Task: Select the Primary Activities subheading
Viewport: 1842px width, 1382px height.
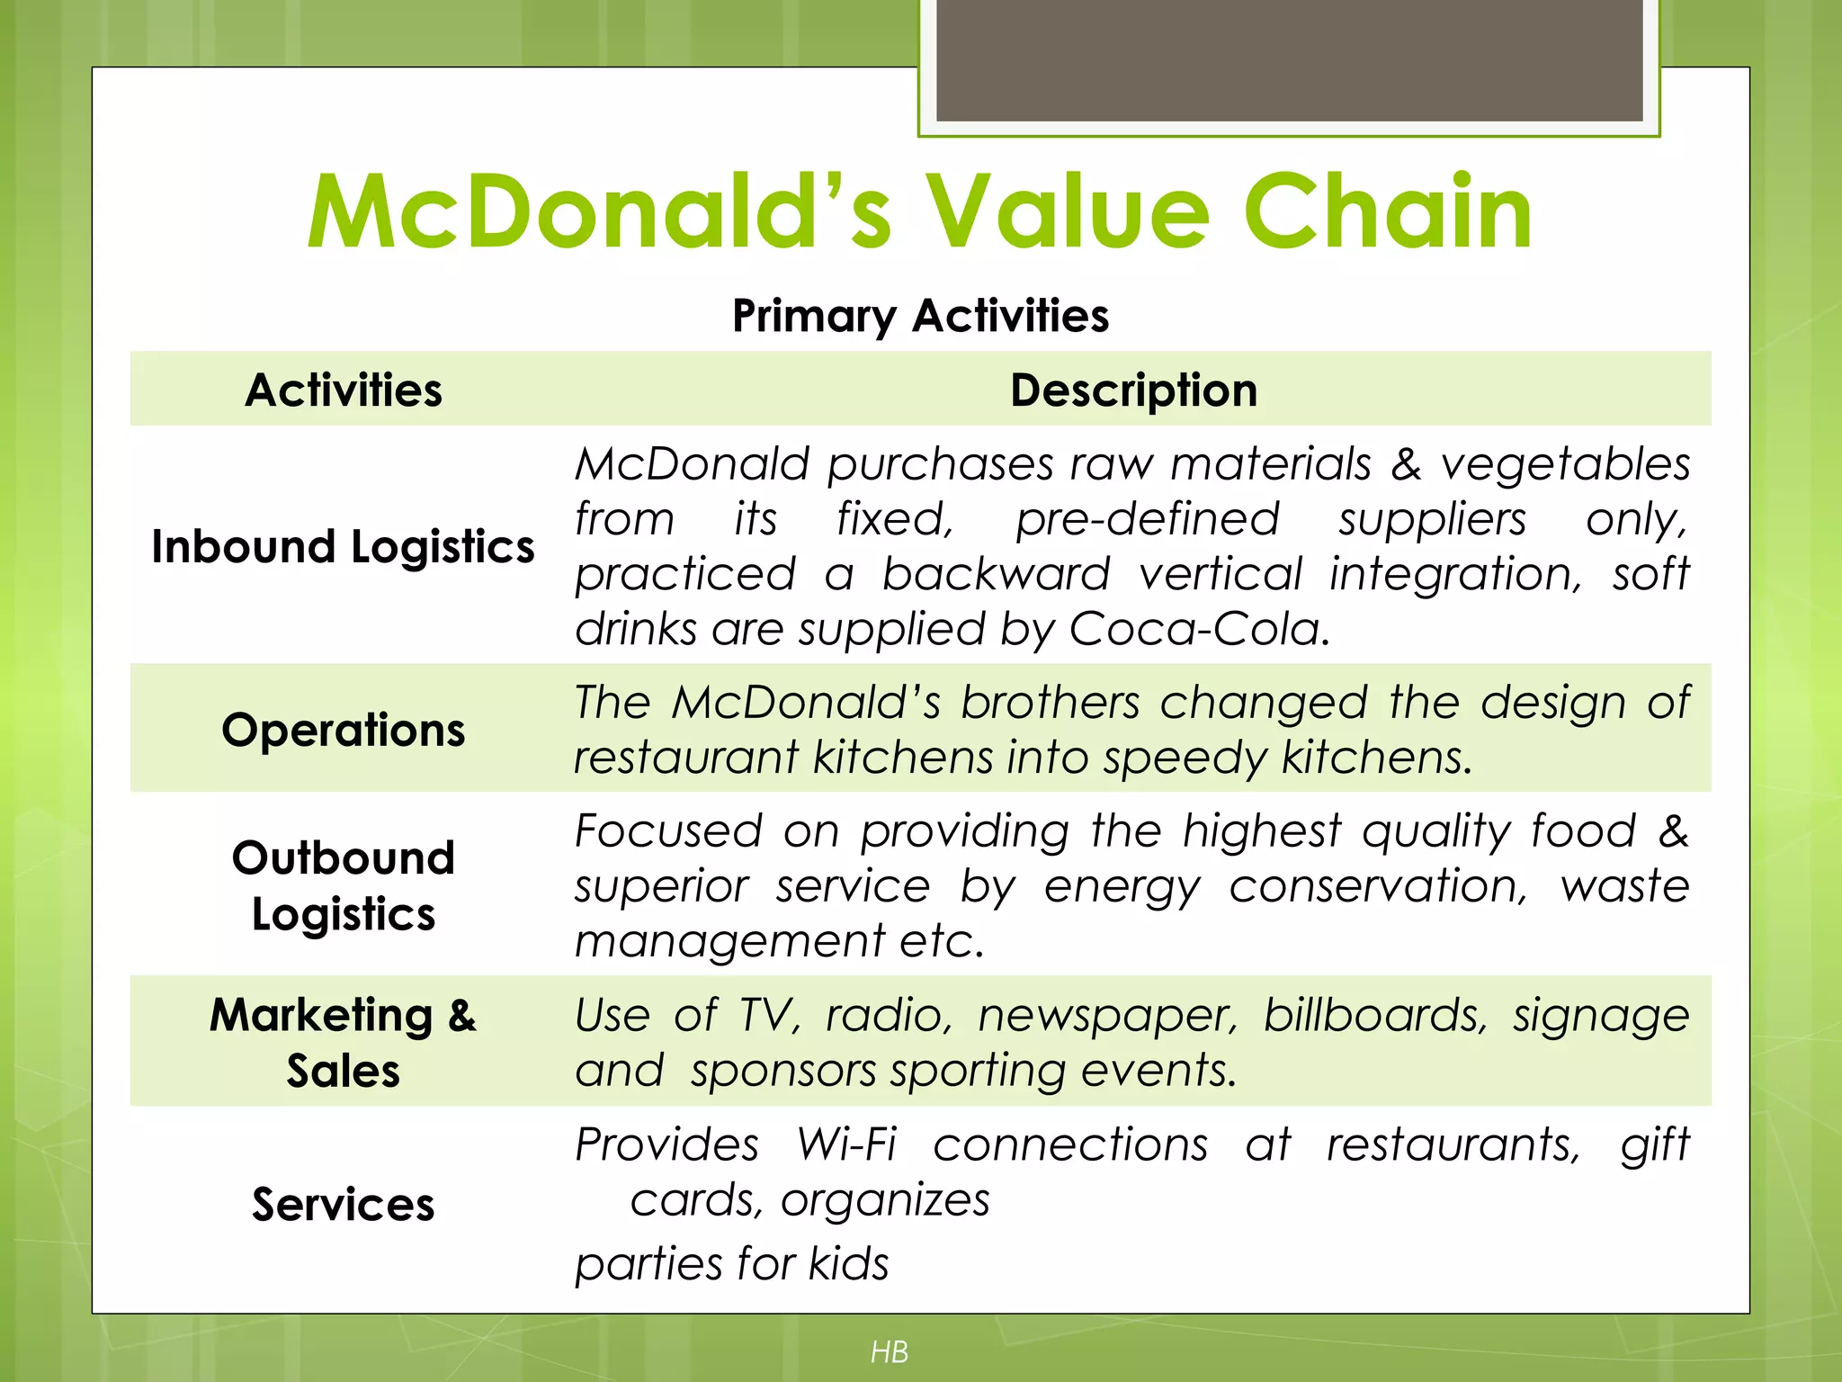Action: point(920,316)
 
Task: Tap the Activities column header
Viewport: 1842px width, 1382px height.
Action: point(344,390)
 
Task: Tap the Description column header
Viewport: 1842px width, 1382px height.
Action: point(1133,390)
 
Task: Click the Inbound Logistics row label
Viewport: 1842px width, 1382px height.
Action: point(343,547)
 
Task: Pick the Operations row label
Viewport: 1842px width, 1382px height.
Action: point(344,730)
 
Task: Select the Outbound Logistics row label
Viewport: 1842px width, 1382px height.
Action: point(344,885)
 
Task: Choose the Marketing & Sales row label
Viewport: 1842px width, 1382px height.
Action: point(344,1042)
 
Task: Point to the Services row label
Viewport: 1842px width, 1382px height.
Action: point(344,1205)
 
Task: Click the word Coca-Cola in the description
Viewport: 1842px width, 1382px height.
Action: point(1198,629)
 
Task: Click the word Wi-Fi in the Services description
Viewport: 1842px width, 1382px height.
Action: point(846,1145)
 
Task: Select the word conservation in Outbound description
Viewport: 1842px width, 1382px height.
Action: point(1378,886)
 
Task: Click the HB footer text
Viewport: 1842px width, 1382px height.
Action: point(890,1351)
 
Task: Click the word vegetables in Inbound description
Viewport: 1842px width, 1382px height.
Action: point(1565,465)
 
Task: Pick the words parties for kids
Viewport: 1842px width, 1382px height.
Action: point(732,1264)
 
